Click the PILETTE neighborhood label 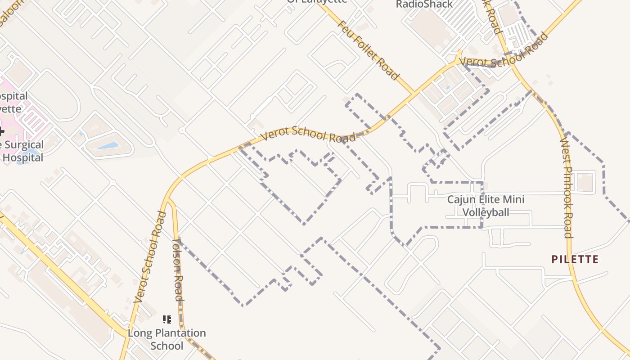(x=575, y=259)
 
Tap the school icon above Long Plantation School (x=167, y=319)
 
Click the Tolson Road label (x=179, y=269)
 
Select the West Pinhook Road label (x=566, y=188)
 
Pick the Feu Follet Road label (x=368, y=50)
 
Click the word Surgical (x=23, y=145)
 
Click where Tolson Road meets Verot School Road (x=168, y=200)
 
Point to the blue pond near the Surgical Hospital (x=108, y=145)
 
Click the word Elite (x=493, y=199)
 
